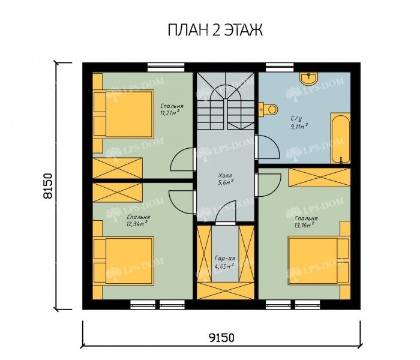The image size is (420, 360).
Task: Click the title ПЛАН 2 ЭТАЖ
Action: pos(215,30)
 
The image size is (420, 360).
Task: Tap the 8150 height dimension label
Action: pos(48,186)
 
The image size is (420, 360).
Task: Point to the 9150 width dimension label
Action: pos(221,337)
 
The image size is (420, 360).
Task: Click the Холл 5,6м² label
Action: pos(226,179)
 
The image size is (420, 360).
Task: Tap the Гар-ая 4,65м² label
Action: pos(225,262)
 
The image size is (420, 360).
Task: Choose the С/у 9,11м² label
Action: pos(299,122)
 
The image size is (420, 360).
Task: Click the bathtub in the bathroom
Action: pos(340,138)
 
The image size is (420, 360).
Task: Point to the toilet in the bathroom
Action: pos(268,109)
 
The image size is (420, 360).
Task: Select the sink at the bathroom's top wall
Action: pos(309,78)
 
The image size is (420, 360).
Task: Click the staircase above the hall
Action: pos(226,101)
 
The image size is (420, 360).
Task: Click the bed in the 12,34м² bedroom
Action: pos(124,260)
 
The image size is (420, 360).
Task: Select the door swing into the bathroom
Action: pos(268,148)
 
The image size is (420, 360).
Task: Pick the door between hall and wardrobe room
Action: pos(225,212)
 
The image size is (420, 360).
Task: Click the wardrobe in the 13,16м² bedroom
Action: pos(319,177)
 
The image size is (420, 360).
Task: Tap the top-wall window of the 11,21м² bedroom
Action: pos(166,67)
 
